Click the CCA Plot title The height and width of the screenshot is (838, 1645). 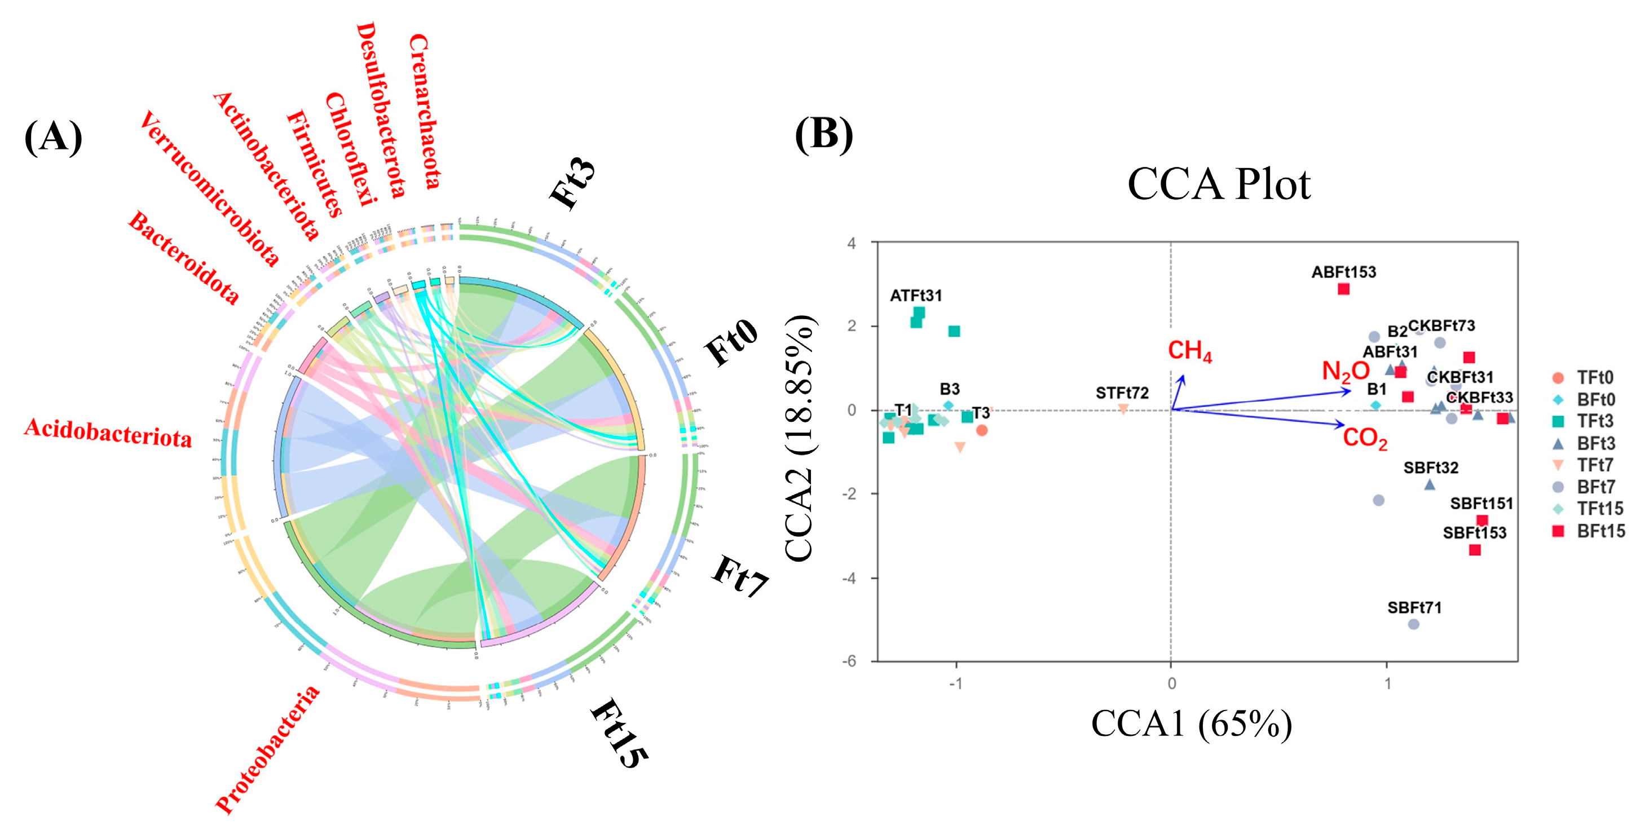(1219, 184)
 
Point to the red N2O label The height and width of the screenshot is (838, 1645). (1346, 371)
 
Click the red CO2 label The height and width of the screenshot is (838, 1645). (1365, 439)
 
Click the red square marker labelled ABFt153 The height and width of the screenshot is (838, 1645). (1344, 289)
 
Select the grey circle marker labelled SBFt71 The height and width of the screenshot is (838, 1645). (1414, 624)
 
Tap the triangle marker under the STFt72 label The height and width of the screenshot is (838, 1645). (1123, 409)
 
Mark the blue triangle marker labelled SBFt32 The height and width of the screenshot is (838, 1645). (1430, 485)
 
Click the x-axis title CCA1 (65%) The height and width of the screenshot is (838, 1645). (1192, 724)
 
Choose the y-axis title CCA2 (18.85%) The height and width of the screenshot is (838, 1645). (800, 439)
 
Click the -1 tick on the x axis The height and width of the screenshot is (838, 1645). (955, 683)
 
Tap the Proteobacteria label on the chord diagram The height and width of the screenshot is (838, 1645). (267, 750)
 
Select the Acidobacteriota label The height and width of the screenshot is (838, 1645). (108, 433)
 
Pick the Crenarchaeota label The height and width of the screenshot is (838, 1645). (425, 112)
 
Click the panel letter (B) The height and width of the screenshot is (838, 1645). (824, 135)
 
